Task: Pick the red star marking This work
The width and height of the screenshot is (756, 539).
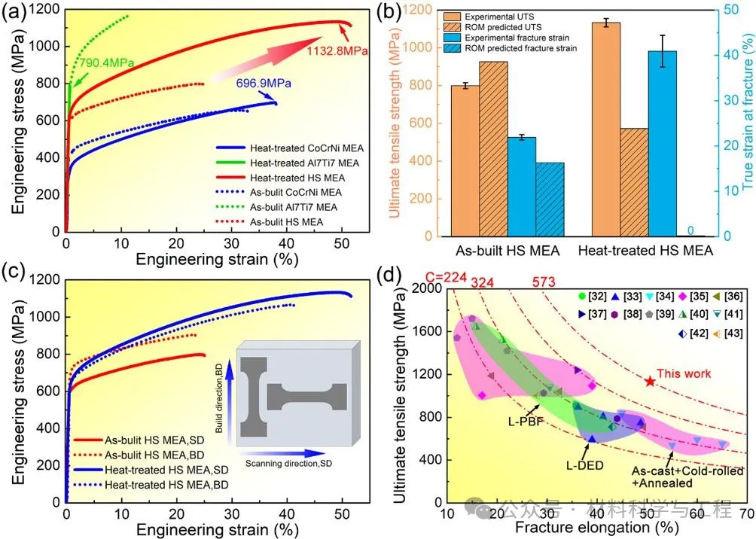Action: [650, 382]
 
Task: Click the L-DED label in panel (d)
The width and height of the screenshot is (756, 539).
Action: [585, 464]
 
